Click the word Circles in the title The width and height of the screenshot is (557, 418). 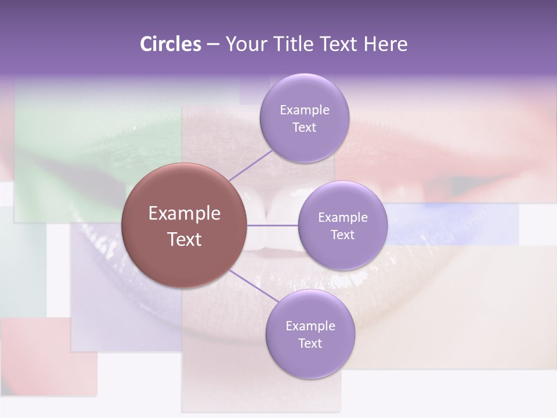point(170,44)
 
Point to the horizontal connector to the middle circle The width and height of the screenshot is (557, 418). point(273,225)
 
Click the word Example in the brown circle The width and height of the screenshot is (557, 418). point(185,214)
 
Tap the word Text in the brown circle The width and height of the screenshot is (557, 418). point(185,239)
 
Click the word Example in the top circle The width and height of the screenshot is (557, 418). point(304,110)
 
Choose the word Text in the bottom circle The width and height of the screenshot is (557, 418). point(310,343)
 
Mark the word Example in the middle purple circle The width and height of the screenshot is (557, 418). point(342,218)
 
